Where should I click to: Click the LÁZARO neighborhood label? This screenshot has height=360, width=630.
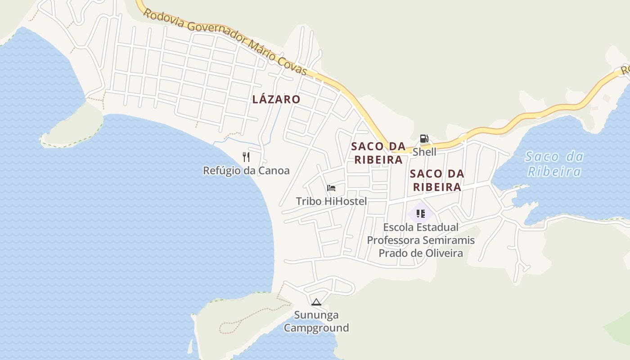[276, 99]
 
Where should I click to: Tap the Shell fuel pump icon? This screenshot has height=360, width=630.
[424, 139]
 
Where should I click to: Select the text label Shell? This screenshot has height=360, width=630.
[424, 152]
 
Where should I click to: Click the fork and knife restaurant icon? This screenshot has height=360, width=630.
[246, 157]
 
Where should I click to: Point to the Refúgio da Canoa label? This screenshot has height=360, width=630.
[246, 171]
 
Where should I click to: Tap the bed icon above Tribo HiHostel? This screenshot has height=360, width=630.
[331, 188]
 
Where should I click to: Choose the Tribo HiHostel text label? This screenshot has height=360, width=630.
[331, 201]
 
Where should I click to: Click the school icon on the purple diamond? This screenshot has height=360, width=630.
[421, 214]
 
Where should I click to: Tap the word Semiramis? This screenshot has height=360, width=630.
[450, 240]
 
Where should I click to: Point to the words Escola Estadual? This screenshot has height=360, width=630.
[421, 227]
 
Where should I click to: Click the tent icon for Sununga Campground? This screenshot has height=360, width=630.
[316, 302]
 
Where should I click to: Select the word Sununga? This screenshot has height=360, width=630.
[316, 315]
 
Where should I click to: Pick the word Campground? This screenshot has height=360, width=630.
[316, 328]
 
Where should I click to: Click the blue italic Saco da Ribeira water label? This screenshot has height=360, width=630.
[554, 164]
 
